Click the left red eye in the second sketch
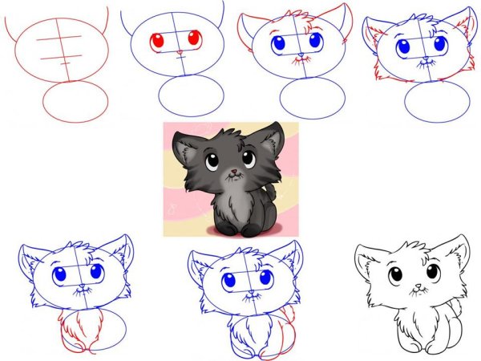[x=158, y=39]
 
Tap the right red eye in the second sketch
[x=193, y=37]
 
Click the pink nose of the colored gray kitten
[x=232, y=172]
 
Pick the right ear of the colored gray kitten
[x=271, y=137]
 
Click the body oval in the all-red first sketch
[x=75, y=103]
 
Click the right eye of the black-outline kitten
[x=432, y=271]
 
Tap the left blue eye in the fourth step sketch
[x=404, y=47]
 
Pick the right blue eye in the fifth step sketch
[x=97, y=272]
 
